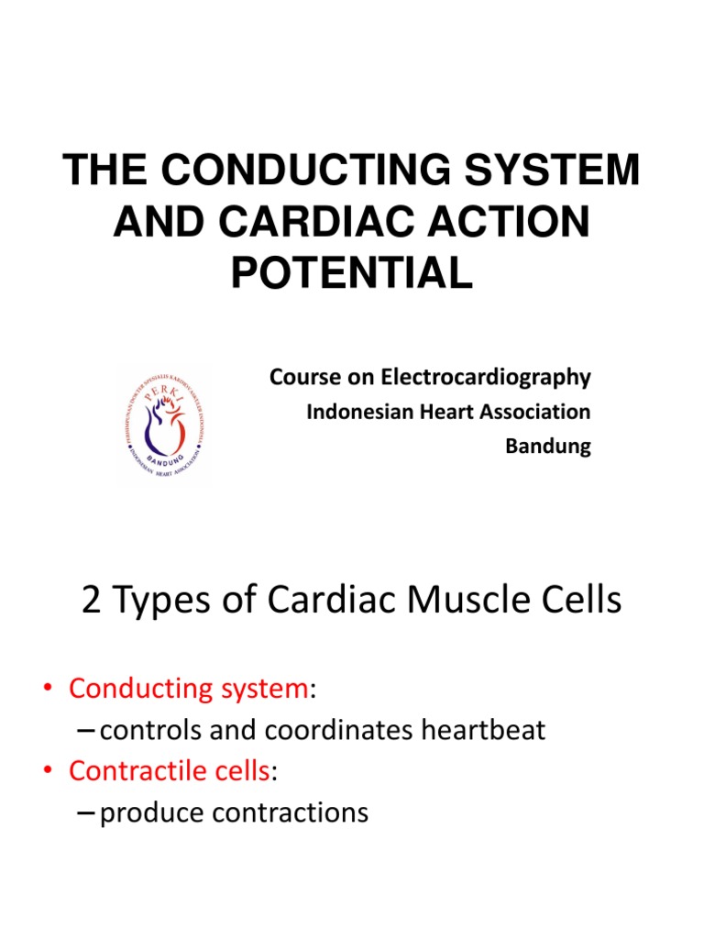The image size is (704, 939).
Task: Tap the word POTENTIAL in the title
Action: (352, 272)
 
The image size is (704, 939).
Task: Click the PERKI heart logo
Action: (162, 425)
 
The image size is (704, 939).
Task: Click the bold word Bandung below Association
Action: (548, 447)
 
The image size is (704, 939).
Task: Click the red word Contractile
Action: (134, 771)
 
